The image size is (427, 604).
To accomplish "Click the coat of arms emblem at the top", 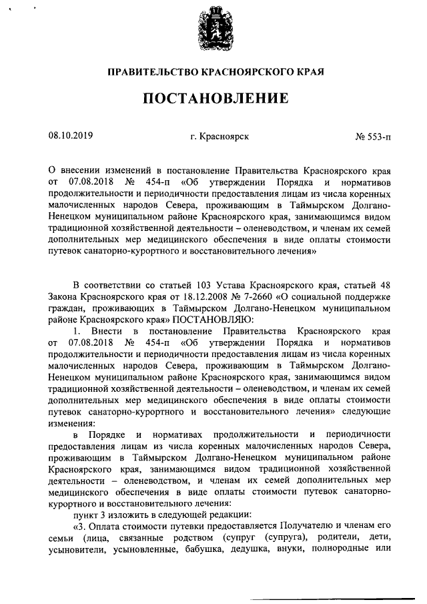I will pos(213,30).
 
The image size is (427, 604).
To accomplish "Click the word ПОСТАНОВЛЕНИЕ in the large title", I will pos(213,99).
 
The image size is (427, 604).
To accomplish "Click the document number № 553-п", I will pos(373,137).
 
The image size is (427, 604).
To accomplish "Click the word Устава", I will pos(224,285).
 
